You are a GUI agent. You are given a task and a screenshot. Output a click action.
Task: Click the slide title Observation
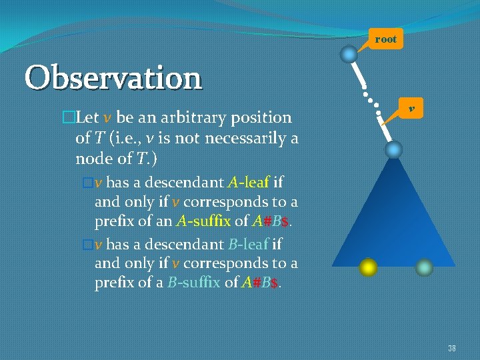coord(113,78)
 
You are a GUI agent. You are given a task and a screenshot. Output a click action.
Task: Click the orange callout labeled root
coord(385,39)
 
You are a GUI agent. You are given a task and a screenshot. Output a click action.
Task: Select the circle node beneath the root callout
coord(349,54)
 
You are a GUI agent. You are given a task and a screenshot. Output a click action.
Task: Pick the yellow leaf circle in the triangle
coord(367,267)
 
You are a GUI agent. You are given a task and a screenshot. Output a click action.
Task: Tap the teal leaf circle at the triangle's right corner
coord(424,267)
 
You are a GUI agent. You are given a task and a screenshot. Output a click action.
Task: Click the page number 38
coord(451,348)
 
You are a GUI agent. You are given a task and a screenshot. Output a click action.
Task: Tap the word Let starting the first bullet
coord(87,118)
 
